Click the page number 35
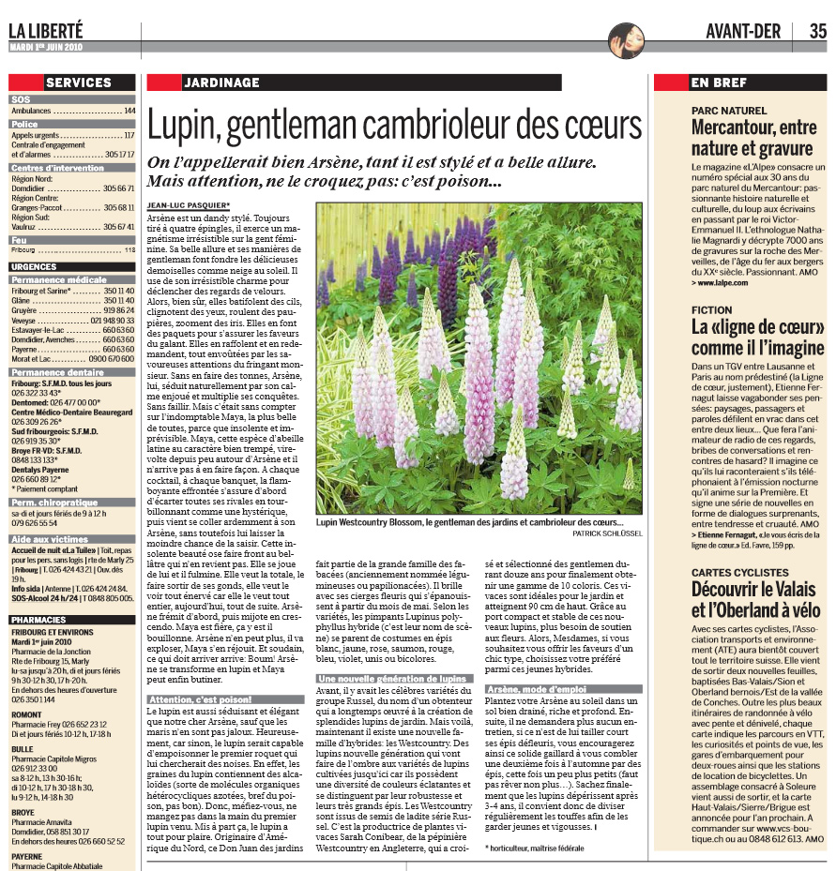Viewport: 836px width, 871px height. (817, 31)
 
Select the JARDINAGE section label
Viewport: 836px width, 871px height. (222, 83)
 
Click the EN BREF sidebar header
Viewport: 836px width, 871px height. (720, 83)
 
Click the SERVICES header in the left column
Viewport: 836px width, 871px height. (79, 83)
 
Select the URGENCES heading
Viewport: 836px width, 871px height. (34, 266)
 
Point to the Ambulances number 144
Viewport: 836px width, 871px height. (129, 111)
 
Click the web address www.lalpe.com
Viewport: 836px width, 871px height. (724, 279)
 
